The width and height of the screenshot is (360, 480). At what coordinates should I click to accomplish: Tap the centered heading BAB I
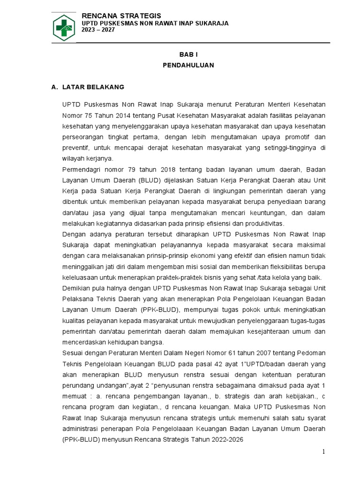(188, 55)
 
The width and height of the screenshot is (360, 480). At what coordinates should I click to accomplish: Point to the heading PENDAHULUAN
(188, 65)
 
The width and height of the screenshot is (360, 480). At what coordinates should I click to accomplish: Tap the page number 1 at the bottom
(323, 451)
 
